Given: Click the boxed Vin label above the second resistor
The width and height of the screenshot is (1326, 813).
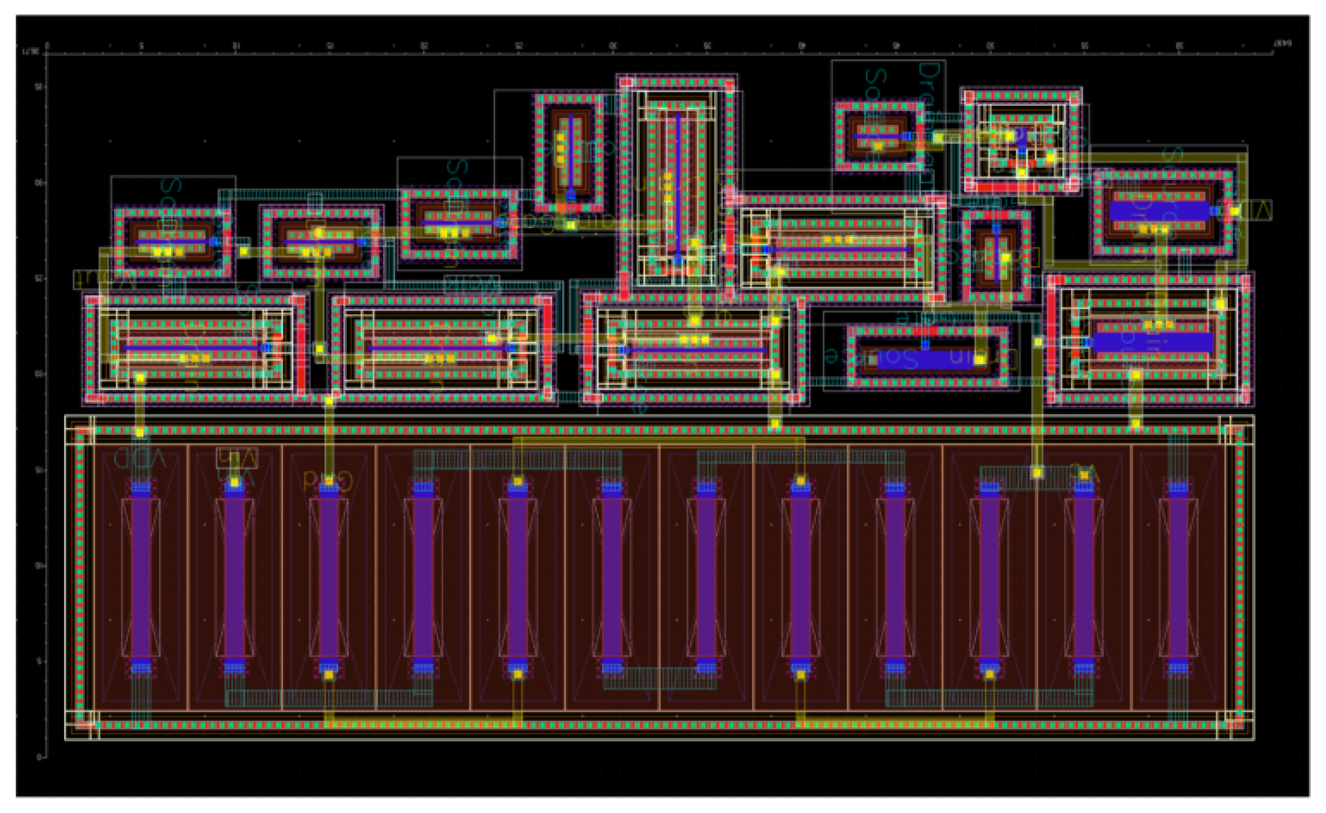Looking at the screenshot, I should click(x=237, y=458).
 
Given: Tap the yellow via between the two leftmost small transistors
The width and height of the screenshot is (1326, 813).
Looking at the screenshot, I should click(x=244, y=251).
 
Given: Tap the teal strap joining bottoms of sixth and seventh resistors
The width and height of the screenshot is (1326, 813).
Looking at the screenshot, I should click(x=659, y=679).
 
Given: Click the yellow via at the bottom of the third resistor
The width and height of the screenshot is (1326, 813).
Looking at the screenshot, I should click(x=329, y=675).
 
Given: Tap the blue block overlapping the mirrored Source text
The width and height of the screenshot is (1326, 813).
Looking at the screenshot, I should click(x=926, y=359).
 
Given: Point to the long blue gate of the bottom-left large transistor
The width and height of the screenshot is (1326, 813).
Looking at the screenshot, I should click(x=194, y=348).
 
